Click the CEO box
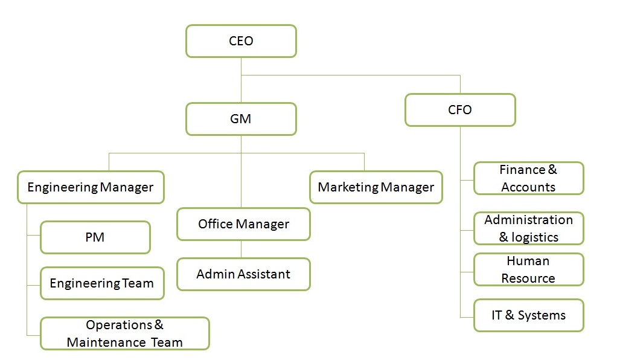241,41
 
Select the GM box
241,119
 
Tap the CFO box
460,110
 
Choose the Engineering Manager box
91,187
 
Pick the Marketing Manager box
376,187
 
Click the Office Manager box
243,224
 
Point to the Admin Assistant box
243,274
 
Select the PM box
95,237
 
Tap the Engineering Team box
102,283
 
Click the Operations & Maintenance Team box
124,333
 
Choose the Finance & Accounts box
528,178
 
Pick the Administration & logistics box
528,228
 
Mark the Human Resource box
528,269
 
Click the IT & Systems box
528,315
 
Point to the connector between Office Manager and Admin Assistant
241,249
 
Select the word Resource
528,278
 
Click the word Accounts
528,187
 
